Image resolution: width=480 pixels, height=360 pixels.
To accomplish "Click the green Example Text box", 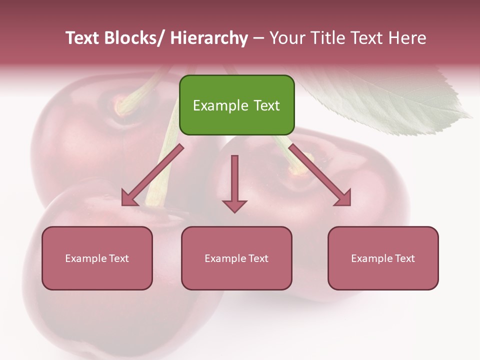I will click(x=236, y=105).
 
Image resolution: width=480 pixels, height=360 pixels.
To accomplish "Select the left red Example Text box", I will click(x=97, y=258).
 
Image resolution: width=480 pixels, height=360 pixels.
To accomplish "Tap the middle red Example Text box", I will click(x=236, y=258).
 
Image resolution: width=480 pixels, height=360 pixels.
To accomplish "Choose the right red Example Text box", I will click(x=383, y=258).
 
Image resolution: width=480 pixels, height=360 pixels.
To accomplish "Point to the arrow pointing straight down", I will click(x=234, y=185).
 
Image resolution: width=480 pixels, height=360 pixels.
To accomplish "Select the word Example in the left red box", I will click(x=85, y=258).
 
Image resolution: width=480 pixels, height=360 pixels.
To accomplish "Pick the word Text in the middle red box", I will click(x=257, y=258).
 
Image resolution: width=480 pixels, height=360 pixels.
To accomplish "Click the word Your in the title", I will click(x=285, y=38).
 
